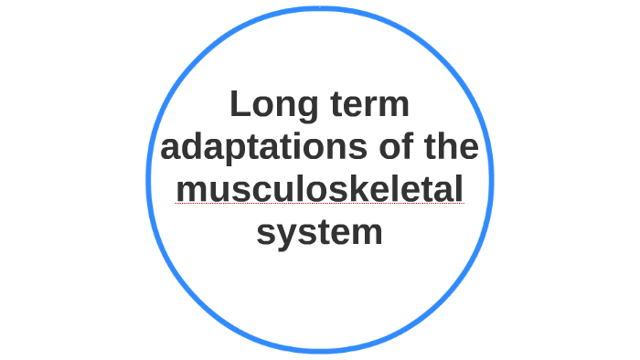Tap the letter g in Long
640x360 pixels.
coord(306,109)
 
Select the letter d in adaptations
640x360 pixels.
coord(196,147)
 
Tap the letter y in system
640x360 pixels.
coord(288,235)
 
